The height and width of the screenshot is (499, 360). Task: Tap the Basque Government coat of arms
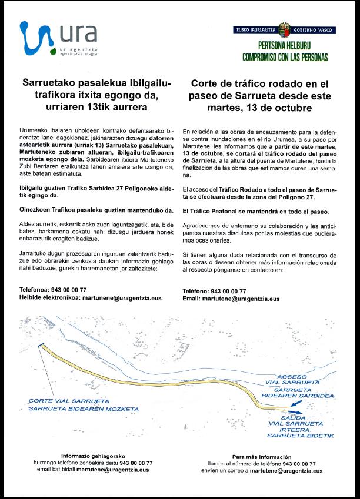pyautogui.click(x=285, y=29)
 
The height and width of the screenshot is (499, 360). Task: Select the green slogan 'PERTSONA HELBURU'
pyautogui.click(x=285, y=45)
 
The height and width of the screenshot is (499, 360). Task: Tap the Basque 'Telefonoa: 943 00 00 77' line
pyautogui.click(x=53, y=290)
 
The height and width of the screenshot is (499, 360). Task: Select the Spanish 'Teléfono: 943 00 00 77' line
pyautogui.click(x=214, y=292)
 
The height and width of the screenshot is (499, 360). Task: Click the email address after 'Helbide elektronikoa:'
pyautogui.click(x=122, y=298)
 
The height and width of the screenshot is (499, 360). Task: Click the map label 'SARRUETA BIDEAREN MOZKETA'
pyautogui.click(x=84, y=408)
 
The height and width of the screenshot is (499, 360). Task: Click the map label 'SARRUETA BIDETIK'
pyautogui.click(x=300, y=436)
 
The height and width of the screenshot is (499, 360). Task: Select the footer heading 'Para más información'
pyautogui.click(x=261, y=457)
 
